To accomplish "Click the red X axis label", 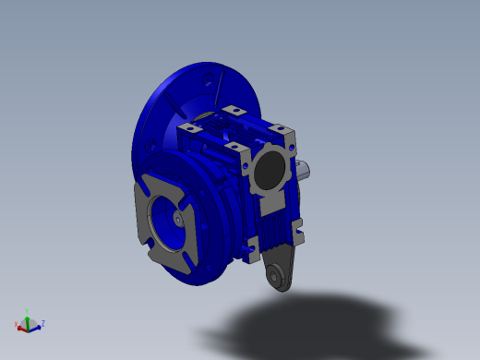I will pyautogui.click(x=18, y=325).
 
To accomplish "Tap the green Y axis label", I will pyautogui.click(x=28, y=312).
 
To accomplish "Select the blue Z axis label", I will pyautogui.click(x=42, y=323).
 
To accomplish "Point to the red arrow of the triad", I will pyautogui.click(x=22, y=326).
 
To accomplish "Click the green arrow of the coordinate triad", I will pyautogui.click(x=29, y=318).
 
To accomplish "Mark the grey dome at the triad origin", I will pyautogui.click(x=30, y=326).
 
